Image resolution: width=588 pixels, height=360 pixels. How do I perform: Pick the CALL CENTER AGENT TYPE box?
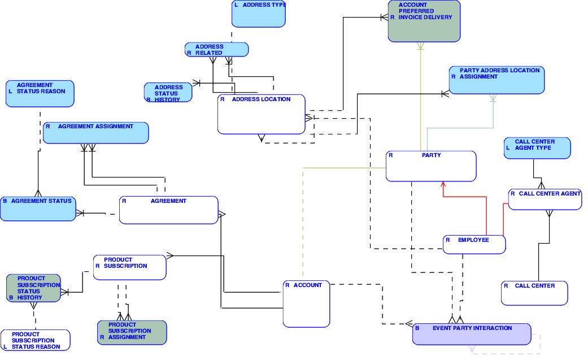pyautogui.click(x=537, y=148)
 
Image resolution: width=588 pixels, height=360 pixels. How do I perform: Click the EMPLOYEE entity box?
pyautogui.click(x=474, y=245)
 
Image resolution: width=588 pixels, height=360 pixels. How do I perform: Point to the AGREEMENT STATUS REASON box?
pyautogui.click(x=40, y=94)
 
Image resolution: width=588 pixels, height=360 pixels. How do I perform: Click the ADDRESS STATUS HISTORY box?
pyautogui.click(x=168, y=93)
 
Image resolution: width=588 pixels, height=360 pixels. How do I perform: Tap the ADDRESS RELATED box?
pyautogui.click(x=216, y=50)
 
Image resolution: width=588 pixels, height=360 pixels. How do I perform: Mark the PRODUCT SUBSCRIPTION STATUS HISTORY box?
pyautogui.click(x=33, y=288)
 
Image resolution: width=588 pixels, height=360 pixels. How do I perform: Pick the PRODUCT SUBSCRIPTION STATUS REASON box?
pyautogui.click(x=35, y=340)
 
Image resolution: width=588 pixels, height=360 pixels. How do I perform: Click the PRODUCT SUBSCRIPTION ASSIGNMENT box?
pyautogui.click(x=132, y=332)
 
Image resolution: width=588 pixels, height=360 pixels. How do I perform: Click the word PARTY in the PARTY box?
pyautogui.click(x=432, y=155)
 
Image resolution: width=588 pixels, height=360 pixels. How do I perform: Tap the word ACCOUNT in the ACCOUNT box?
pyautogui.click(x=308, y=285)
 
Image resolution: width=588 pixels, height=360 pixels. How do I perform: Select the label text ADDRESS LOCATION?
pyautogui.click(x=261, y=99)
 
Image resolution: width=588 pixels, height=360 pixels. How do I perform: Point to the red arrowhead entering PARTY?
pyautogui.click(x=443, y=184)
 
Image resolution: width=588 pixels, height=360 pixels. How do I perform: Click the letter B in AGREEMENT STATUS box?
pyautogui.click(x=5, y=201)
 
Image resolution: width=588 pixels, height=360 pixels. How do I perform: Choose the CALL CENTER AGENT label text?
pyautogui.click(x=550, y=194)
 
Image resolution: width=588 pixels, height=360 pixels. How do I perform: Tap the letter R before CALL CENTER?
pyautogui.click(x=506, y=286)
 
